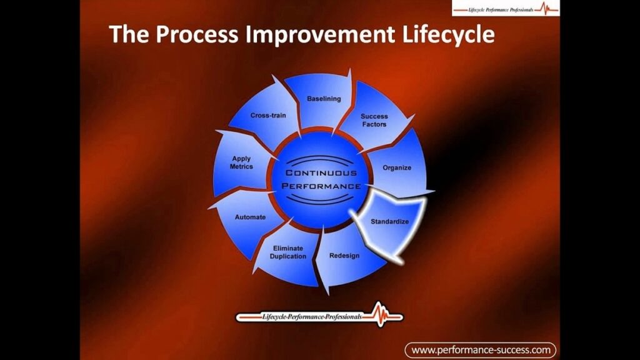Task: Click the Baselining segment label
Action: click(324, 99)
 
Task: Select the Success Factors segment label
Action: click(374, 120)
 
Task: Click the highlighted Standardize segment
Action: click(389, 221)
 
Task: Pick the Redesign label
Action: click(344, 256)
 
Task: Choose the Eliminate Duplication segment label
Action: click(288, 252)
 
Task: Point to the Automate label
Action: click(250, 217)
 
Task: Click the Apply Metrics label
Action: click(241, 163)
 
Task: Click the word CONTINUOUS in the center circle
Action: click(321, 172)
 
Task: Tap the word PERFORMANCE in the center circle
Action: click(321, 186)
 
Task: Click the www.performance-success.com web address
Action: click(481, 349)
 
